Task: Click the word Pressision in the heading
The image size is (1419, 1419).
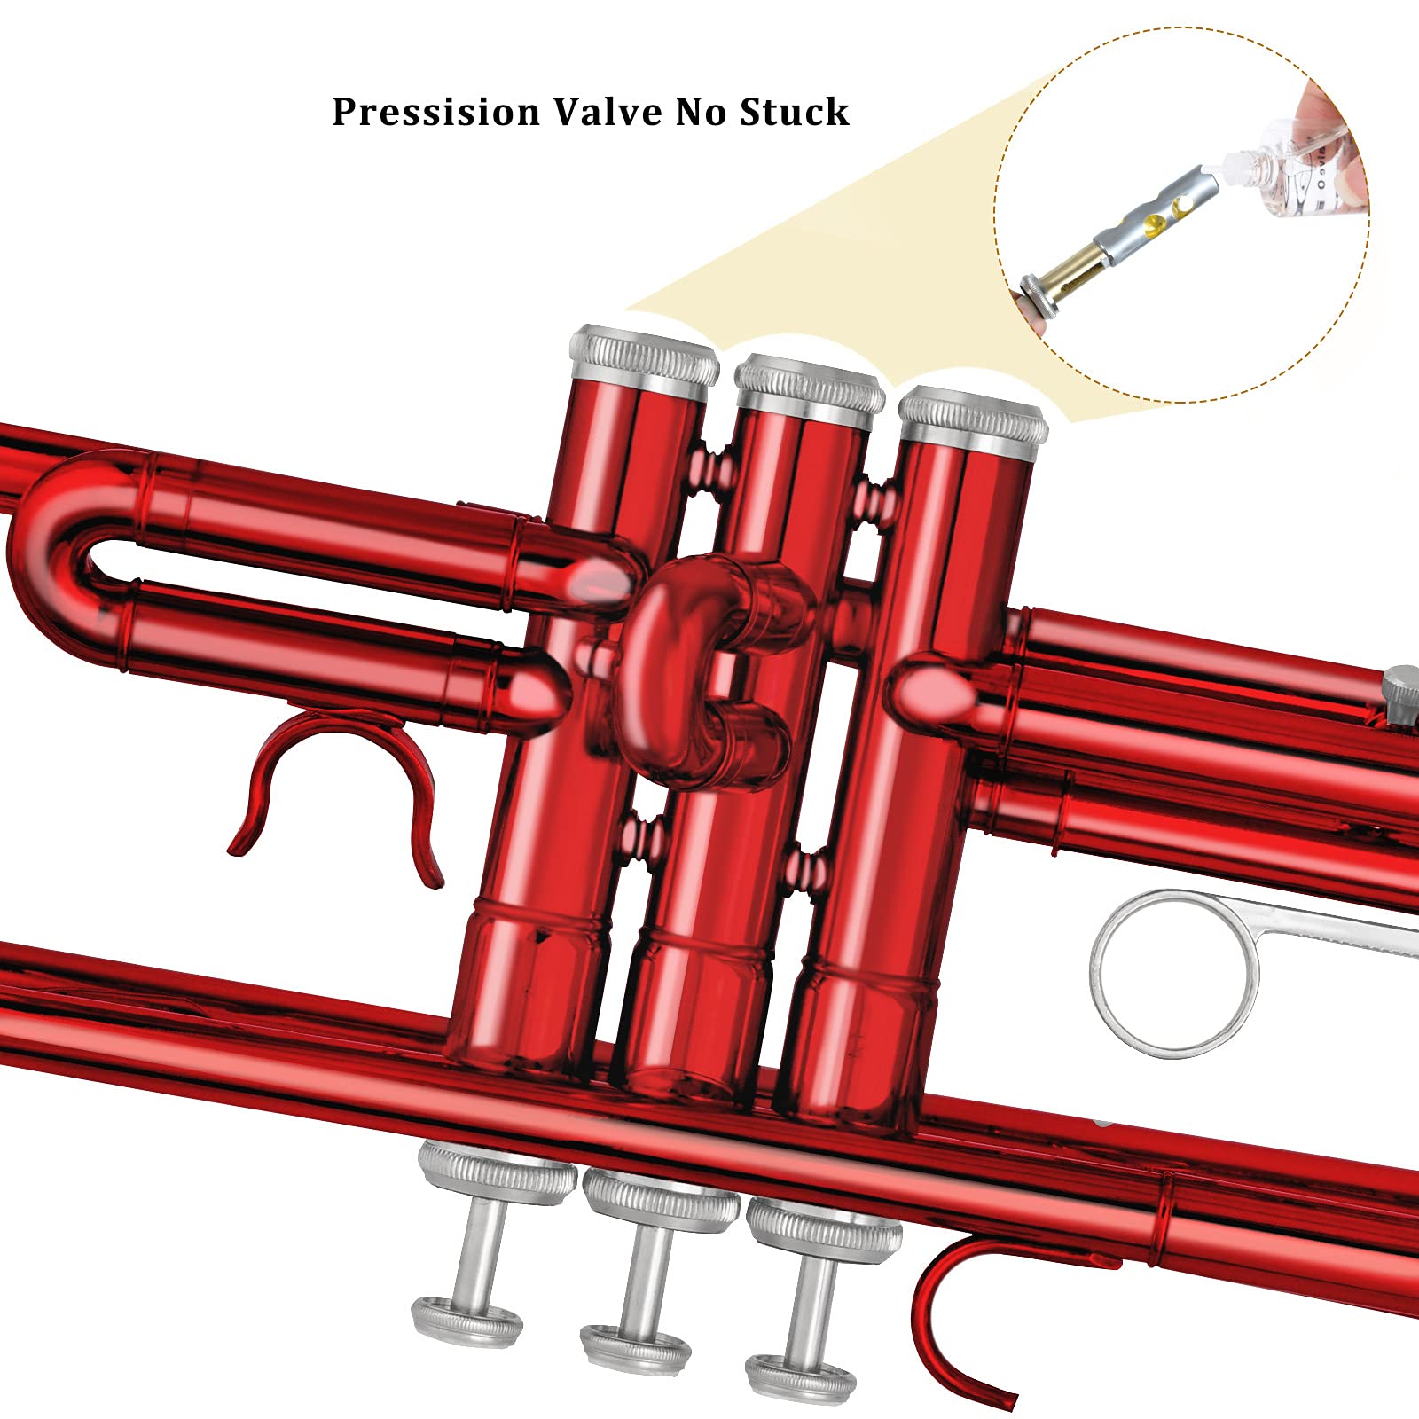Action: (435, 112)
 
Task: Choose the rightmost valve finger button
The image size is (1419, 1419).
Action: (801, 1378)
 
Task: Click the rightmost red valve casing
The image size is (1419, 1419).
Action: (887, 798)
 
